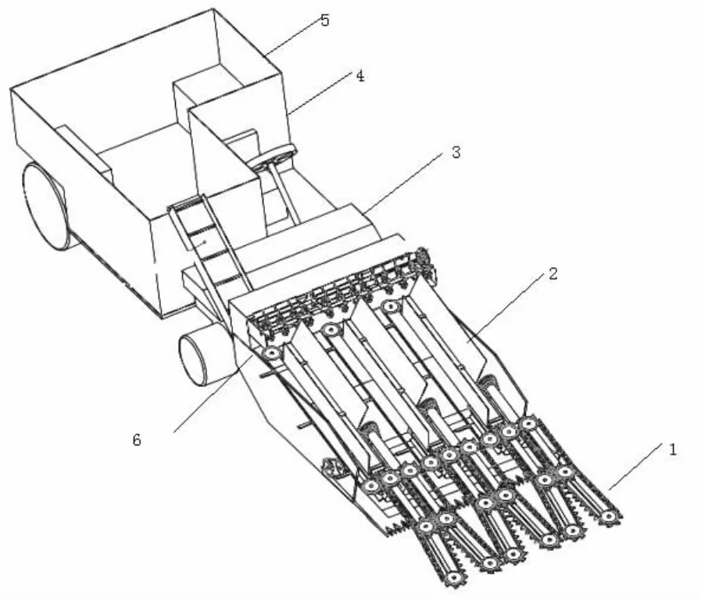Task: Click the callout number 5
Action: [x=325, y=20]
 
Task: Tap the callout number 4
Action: [x=360, y=76]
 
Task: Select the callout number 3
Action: [x=456, y=152]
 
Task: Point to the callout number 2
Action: [x=553, y=273]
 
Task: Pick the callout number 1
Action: [x=672, y=449]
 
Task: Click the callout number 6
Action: [x=137, y=440]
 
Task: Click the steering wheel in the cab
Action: [x=274, y=156]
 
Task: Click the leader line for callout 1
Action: [x=635, y=466]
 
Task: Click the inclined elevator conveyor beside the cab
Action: [x=209, y=244]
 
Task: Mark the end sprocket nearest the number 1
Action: [x=609, y=517]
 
